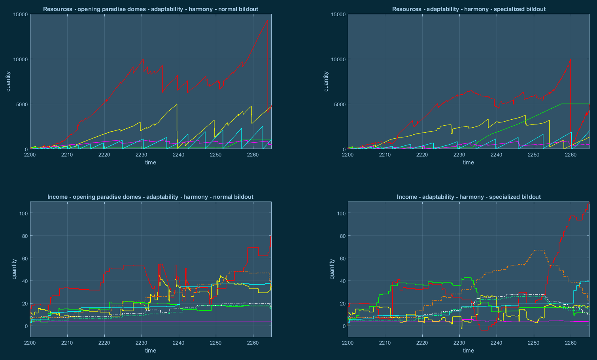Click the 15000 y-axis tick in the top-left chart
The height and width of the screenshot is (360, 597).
pyautogui.click(x=21, y=15)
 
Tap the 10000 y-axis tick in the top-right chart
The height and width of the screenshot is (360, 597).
pyautogui.click(x=338, y=60)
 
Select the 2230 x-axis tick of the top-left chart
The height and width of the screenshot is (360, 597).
pyautogui.click(x=142, y=155)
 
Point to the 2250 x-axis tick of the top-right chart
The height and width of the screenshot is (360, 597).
pyautogui.click(x=534, y=155)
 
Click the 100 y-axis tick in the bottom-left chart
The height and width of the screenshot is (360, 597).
pyautogui.click(x=23, y=213)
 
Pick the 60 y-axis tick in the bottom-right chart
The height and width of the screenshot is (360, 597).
pyautogui.click(x=342, y=258)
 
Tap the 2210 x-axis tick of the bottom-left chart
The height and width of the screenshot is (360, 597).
pyautogui.click(x=67, y=343)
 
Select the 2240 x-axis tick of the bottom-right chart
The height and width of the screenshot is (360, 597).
pyautogui.click(x=497, y=343)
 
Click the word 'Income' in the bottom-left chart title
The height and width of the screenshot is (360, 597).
pyautogui.click(x=57, y=197)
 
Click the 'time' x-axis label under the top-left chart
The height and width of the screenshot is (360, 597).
pyautogui.click(x=151, y=162)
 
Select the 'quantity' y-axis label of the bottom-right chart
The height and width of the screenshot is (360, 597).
pyautogui.click(x=332, y=269)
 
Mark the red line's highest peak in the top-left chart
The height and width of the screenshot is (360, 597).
pyautogui.click(x=268, y=20)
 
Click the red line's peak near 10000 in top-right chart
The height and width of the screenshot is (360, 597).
pyautogui.click(x=570, y=60)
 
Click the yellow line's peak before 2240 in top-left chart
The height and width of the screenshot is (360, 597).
pyautogui.click(x=176, y=104)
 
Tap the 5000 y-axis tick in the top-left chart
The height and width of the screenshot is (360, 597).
pyautogui.click(x=22, y=105)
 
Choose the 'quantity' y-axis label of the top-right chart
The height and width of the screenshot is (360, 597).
pyautogui.click(x=326, y=81)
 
